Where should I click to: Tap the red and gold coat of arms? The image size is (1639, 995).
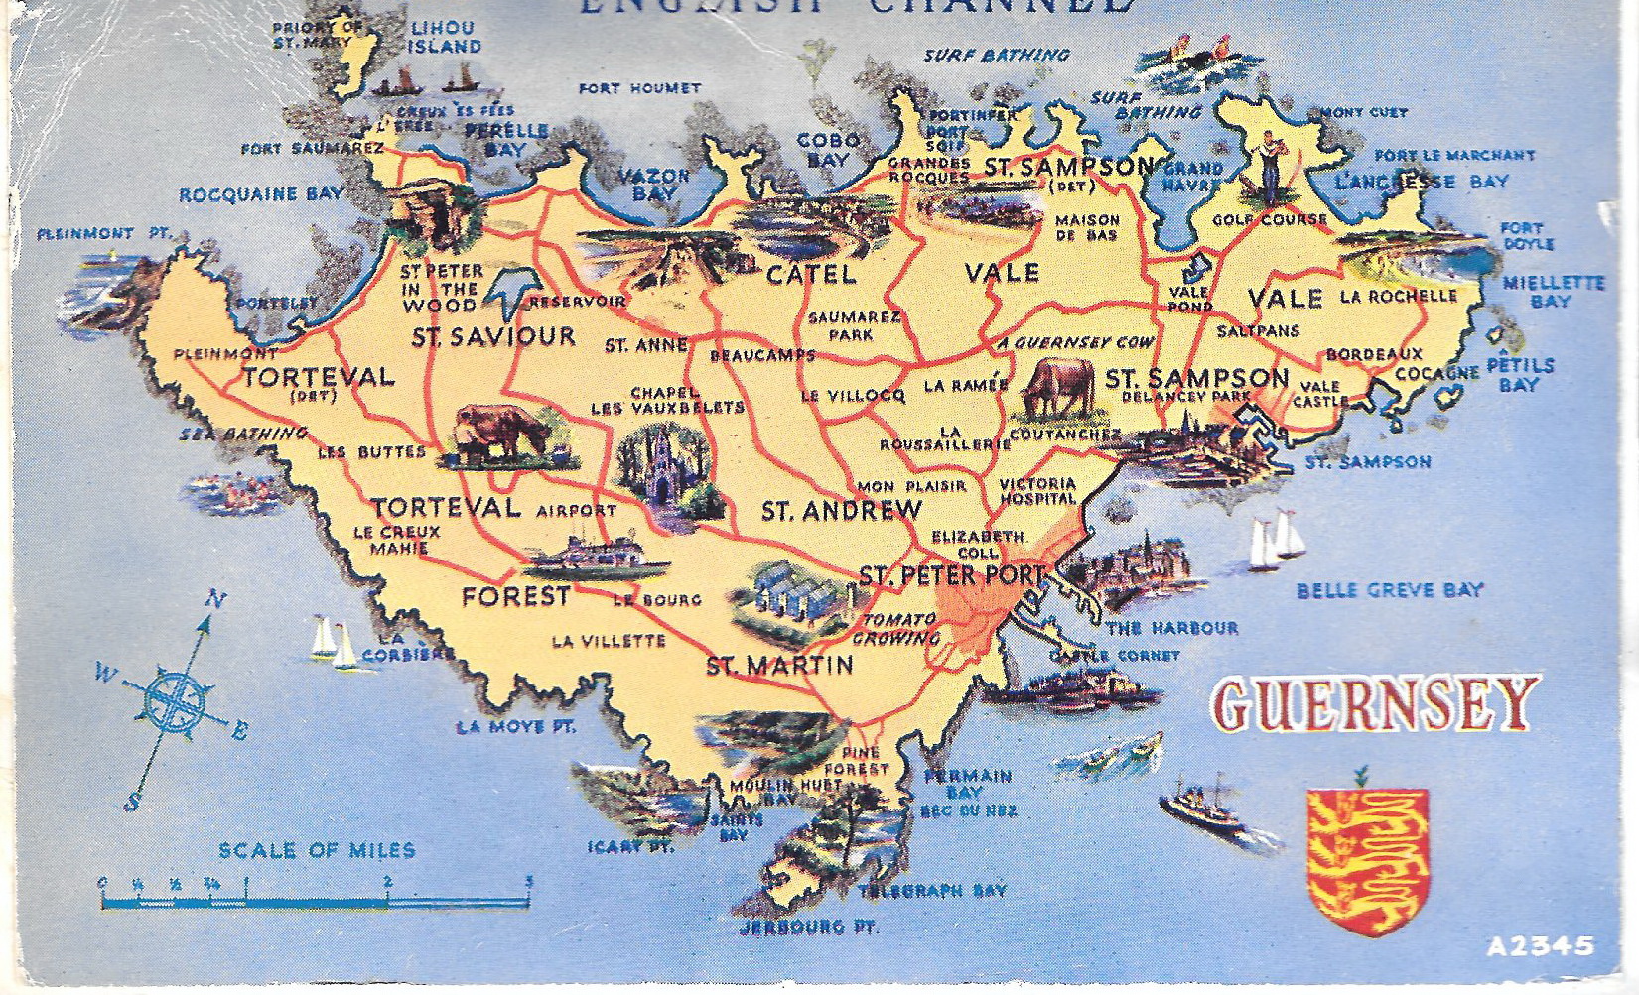coord(1367,859)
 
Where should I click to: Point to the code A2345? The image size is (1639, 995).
coord(1540,946)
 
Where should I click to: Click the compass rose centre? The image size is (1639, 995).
coord(175,697)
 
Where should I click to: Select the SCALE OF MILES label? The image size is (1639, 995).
coord(317,850)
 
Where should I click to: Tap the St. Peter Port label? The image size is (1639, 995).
coord(951,575)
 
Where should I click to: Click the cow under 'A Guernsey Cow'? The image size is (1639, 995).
coord(1059,389)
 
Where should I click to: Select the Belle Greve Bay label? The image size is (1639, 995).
coord(1389,591)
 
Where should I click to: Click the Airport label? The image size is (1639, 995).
coord(576,511)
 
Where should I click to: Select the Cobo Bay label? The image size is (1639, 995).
coord(829,151)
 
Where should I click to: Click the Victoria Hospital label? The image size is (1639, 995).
coord(1037,491)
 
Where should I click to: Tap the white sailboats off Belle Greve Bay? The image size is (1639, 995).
coord(1276,541)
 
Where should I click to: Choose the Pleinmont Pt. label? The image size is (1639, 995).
coord(103,234)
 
